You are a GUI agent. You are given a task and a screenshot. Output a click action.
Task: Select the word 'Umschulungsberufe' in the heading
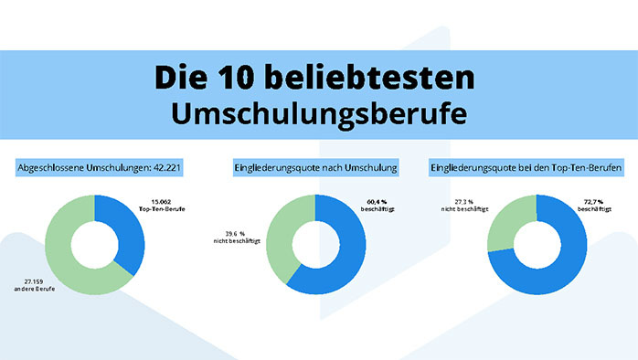[x=319, y=112]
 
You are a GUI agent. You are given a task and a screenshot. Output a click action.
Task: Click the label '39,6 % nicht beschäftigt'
[x=236, y=239]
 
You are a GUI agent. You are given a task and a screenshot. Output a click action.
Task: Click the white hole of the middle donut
[x=315, y=243]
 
